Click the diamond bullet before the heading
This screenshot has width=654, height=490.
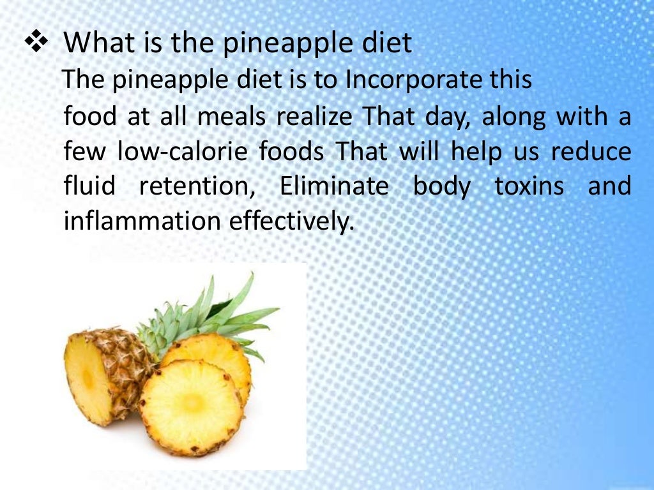coord(36,43)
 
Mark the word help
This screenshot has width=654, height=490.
coord(471,152)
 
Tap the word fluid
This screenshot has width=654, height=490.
coord(90,187)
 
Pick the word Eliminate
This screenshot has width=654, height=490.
coord(334,187)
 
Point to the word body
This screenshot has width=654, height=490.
coord(441,188)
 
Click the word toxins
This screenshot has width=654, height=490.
coord(529,187)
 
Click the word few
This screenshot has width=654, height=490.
coord(84,152)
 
